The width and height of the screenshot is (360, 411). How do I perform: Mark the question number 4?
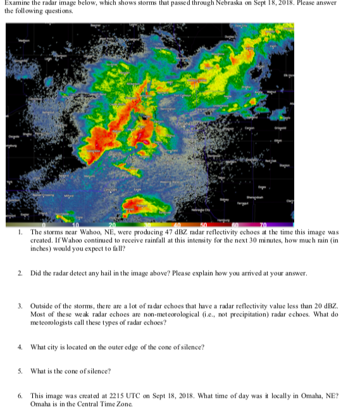(20, 347)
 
